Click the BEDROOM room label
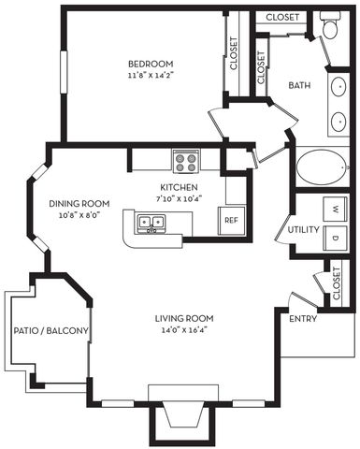coord(148,65)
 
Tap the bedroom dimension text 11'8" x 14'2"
coord(148,77)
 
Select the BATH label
coord(299,85)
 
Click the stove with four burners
coord(185,161)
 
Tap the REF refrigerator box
coord(230,221)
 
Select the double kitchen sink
coord(151,223)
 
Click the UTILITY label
coord(304,229)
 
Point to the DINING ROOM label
coord(79,204)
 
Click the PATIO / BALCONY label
coord(50,331)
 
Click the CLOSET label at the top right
coord(282,17)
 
